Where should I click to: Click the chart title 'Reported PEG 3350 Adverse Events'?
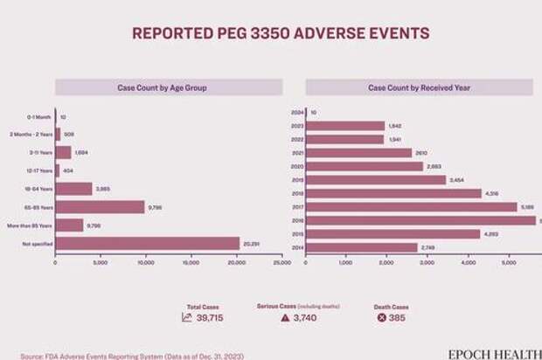[280, 34]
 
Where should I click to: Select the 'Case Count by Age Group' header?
[168, 88]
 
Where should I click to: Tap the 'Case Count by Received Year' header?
[419, 88]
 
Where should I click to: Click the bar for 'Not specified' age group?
[147, 244]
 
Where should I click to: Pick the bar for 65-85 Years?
[100, 207]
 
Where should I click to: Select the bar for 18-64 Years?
[73, 189]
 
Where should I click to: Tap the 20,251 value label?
[251, 244]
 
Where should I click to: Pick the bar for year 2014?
[362, 248]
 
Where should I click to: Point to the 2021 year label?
[298, 153]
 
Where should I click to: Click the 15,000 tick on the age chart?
[191, 262]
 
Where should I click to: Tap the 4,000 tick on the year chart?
[468, 262]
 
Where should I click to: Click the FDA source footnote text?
[131, 356]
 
